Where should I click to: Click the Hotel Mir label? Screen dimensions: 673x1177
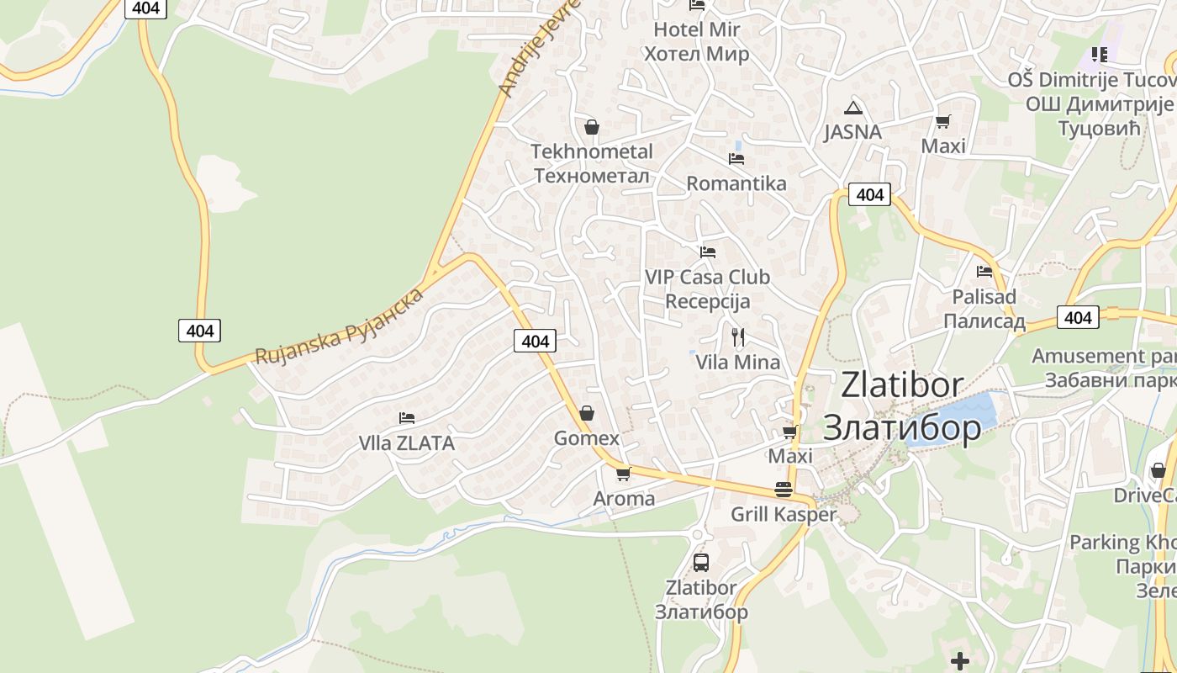697,42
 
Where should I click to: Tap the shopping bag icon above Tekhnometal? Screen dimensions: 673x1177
591,127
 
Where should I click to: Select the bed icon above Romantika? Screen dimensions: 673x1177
736,158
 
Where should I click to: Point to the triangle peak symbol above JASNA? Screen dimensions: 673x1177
853,108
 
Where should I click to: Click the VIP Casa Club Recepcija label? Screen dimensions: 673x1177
707,289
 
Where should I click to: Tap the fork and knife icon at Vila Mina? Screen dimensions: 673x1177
738,337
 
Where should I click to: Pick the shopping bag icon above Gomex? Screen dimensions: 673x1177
587,413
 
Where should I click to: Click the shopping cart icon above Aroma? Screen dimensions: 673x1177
623,474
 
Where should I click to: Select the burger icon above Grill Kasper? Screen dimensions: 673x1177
784,490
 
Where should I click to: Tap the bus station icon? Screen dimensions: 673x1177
701,562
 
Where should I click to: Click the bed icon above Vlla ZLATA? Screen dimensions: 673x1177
407,417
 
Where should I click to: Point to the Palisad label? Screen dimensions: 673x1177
984,309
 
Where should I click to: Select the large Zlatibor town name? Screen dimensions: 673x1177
902,406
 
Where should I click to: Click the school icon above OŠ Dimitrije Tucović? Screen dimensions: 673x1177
1099,55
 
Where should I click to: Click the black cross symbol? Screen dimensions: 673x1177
960,660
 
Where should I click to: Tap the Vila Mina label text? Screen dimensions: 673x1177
738,363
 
